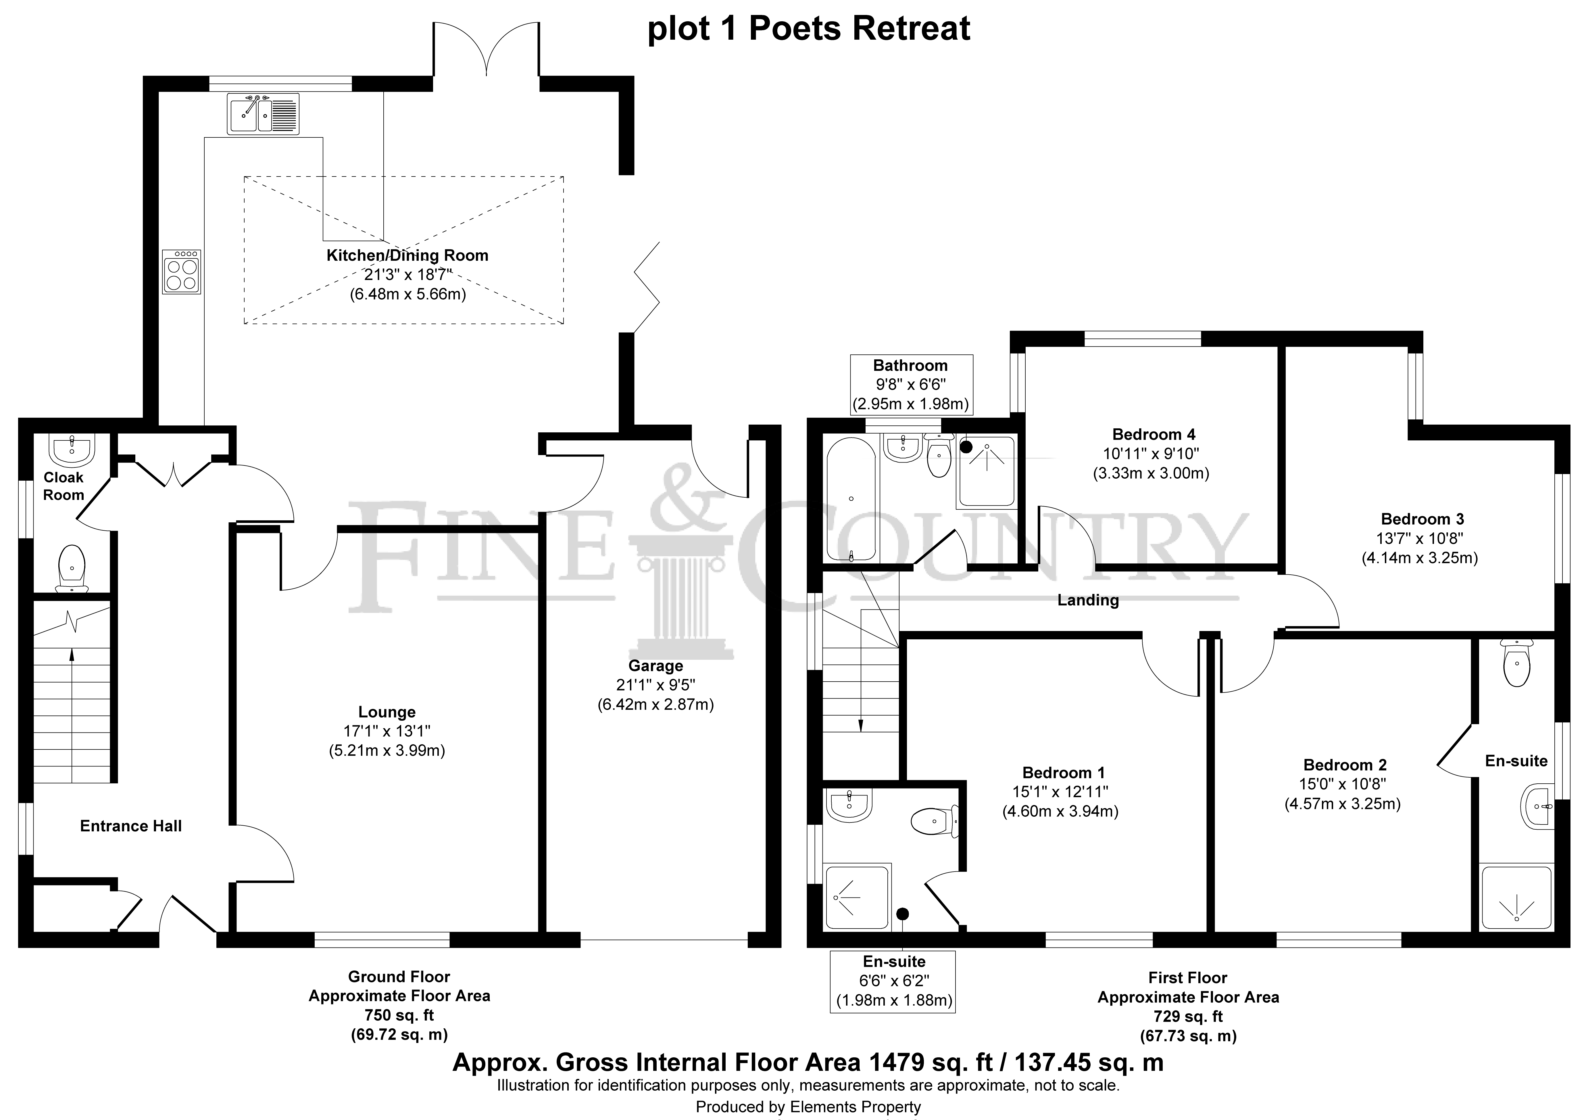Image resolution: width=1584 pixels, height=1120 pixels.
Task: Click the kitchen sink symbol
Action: click(x=263, y=113)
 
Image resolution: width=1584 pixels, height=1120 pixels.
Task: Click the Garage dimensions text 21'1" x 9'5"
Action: click(x=655, y=685)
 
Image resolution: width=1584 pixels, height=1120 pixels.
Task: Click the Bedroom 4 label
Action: click(x=1154, y=434)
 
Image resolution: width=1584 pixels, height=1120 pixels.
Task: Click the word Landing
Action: click(x=1088, y=600)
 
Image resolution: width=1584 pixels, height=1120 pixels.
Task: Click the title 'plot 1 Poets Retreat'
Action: click(x=809, y=29)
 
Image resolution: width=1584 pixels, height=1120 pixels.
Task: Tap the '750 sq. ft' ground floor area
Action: click(x=399, y=1015)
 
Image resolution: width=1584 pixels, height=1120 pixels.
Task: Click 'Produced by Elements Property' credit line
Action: click(x=808, y=1107)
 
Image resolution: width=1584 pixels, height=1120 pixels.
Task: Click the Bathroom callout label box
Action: click(x=911, y=384)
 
